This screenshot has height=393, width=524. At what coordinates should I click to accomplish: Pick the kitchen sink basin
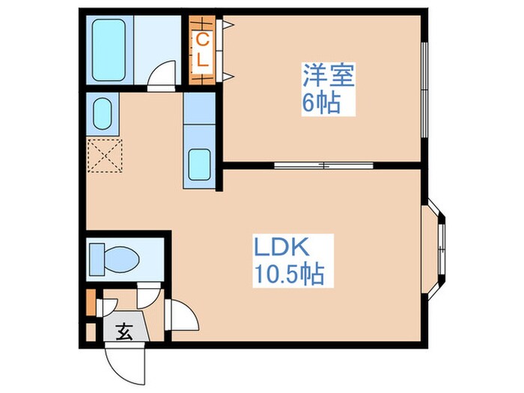(x=199, y=165)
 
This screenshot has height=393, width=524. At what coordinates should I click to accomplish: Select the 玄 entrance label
(x=125, y=332)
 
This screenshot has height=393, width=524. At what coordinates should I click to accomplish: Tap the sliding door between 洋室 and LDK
(x=324, y=163)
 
